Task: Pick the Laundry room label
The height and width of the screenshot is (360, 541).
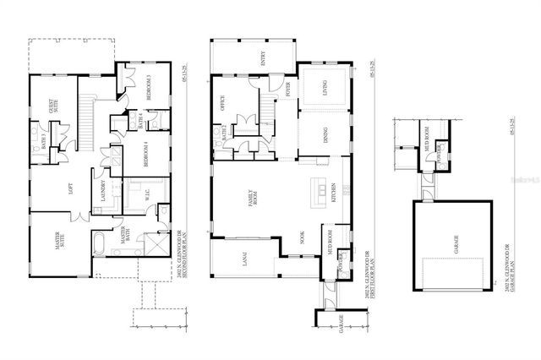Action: (104, 191)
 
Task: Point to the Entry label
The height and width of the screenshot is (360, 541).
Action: (262, 56)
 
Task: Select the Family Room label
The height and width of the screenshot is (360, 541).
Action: (251, 198)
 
